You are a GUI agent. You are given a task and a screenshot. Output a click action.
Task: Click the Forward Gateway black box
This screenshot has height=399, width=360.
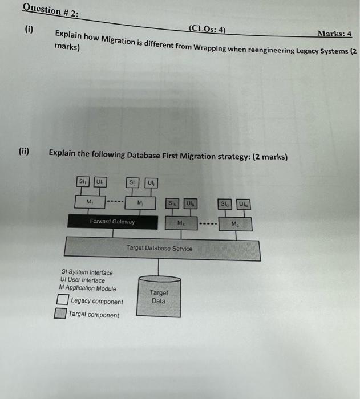point(112,222)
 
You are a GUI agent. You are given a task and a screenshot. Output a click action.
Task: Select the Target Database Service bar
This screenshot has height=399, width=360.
point(163,249)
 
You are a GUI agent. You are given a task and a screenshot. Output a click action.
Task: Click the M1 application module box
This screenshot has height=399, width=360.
point(90,201)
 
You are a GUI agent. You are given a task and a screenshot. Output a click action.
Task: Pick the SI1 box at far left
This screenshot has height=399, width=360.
point(83,182)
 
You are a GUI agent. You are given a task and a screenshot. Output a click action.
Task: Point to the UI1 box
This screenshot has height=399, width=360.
point(99,182)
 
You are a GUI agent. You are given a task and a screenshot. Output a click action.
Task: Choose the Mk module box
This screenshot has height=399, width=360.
point(181,222)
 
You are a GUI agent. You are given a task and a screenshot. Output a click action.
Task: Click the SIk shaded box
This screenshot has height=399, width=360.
point(172,203)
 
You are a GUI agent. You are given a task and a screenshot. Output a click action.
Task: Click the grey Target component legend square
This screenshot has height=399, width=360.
point(60,313)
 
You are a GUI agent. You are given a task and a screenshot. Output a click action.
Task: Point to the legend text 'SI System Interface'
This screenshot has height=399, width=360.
point(86,273)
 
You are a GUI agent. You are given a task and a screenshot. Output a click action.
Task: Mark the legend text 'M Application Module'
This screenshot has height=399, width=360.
point(87,288)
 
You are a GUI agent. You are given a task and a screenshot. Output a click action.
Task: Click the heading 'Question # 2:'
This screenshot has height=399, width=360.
point(51,10)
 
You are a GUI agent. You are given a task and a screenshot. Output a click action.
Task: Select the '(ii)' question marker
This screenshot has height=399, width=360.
point(24,152)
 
